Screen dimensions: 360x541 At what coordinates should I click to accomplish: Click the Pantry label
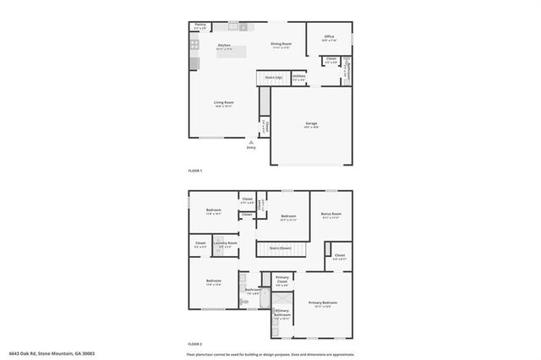[199, 26]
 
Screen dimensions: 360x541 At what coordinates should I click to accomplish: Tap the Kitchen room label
[225, 46]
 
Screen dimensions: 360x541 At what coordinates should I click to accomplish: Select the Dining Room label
[281, 44]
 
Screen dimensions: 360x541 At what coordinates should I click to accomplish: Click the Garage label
[311, 124]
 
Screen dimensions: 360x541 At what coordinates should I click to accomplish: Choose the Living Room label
[224, 103]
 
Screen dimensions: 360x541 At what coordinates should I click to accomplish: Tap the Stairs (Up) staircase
[272, 79]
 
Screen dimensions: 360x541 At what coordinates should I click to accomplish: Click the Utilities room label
[299, 77]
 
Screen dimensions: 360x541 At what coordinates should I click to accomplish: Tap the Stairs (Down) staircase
[281, 248]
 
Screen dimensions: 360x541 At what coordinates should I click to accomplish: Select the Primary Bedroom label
[323, 303]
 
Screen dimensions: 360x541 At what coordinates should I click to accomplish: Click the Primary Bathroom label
[282, 314]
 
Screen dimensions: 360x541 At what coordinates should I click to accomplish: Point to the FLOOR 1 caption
[195, 171]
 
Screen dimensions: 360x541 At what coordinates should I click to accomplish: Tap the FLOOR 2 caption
[195, 343]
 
